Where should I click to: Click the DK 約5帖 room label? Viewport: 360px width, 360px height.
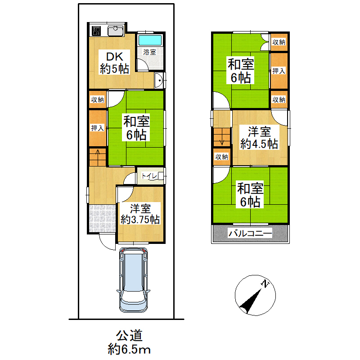(x=115, y=63)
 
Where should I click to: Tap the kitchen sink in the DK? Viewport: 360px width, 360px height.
(x=116, y=31)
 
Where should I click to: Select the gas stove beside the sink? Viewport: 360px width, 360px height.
(x=96, y=31)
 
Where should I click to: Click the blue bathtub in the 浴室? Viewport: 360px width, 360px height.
(x=150, y=40)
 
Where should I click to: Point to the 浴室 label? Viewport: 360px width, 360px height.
(x=150, y=52)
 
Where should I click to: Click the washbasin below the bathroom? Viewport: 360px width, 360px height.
(x=158, y=81)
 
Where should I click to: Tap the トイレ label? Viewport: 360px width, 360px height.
(x=149, y=176)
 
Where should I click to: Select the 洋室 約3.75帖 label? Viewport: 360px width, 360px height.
(x=140, y=214)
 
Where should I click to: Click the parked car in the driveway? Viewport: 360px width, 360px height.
(x=133, y=279)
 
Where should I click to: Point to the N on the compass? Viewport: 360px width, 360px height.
(x=265, y=283)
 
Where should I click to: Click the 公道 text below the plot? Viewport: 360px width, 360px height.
(x=129, y=335)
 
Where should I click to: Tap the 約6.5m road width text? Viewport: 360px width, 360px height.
(x=129, y=350)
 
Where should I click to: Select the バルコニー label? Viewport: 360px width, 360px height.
(x=250, y=234)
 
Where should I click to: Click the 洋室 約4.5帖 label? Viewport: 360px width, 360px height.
(x=259, y=138)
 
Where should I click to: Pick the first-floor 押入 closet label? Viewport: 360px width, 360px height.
(x=98, y=128)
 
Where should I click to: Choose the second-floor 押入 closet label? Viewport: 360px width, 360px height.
(x=279, y=71)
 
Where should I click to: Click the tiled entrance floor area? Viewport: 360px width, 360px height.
(x=102, y=218)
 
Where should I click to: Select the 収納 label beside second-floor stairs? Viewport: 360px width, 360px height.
(x=221, y=157)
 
